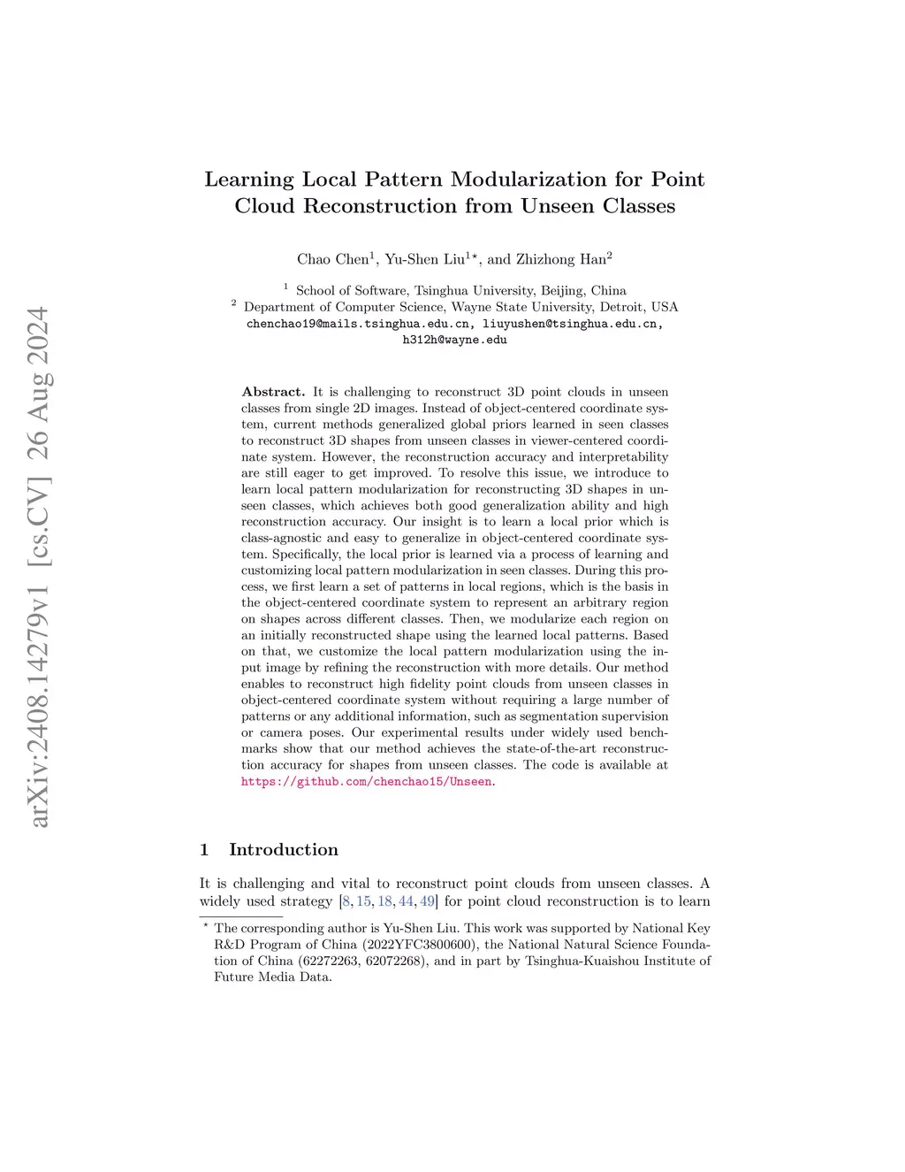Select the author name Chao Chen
[x=332, y=259]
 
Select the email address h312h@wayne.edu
[x=454, y=340]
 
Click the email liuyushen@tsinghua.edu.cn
[x=572, y=324]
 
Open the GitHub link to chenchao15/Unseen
[x=366, y=782]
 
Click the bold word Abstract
[x=272, y=392]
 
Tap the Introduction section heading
[x=283, y=850]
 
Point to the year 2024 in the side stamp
[x=39, y=341]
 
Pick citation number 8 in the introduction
[x=346, y=901]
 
